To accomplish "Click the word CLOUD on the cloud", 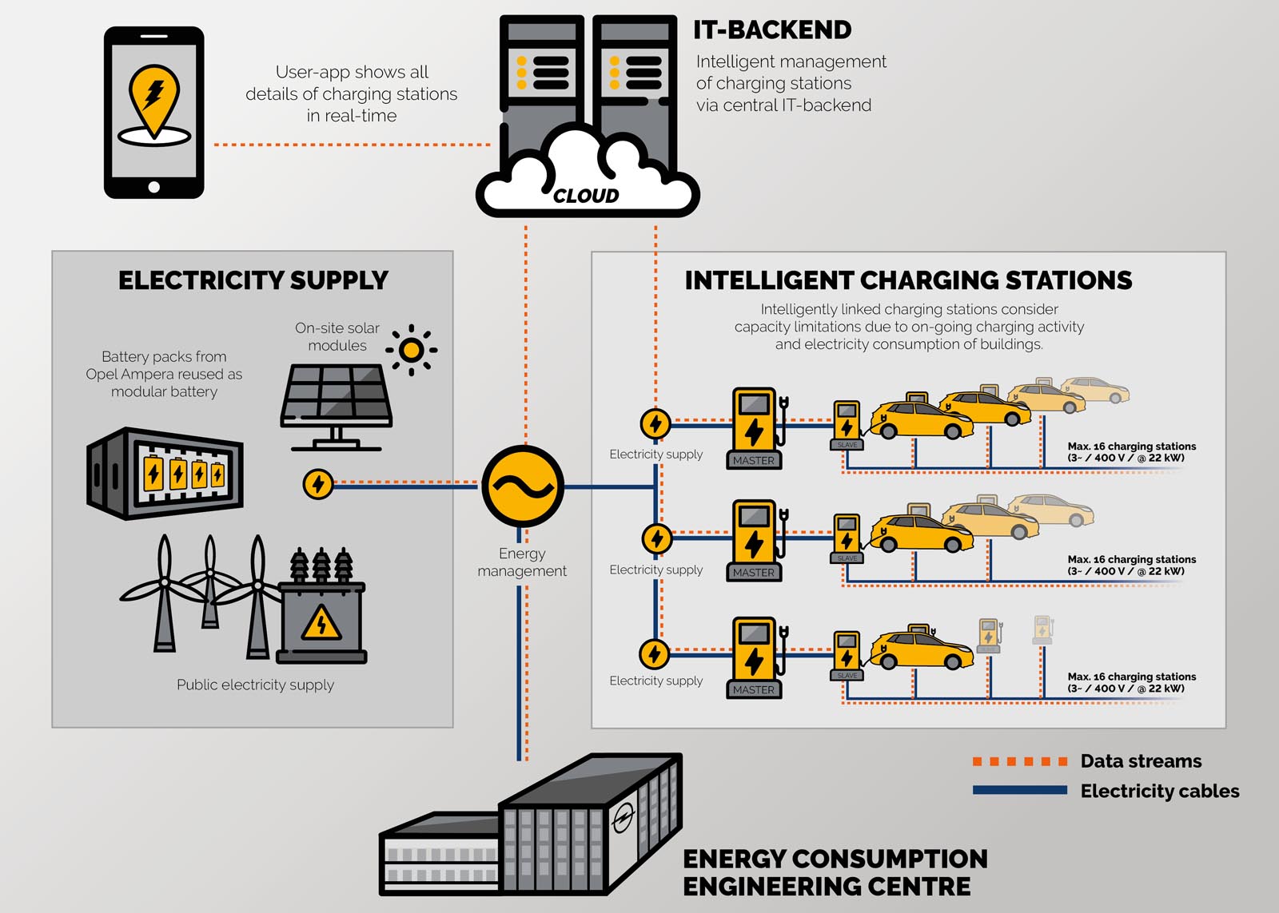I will pos(586,196).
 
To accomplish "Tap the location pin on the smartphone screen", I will pos(154,99).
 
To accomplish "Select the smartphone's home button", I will pos(154,187).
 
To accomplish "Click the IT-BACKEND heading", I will pos(771,30).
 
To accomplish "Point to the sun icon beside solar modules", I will pos(411,350).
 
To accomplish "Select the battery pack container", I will pos(165,473).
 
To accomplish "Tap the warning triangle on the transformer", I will pos(321,623).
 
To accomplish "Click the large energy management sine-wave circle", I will pos(522,486).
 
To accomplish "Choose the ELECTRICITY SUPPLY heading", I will pos(253,280).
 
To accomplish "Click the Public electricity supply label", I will pos(255,685).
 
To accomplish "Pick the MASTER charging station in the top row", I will pos(755,428).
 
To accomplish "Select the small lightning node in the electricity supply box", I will pos(318,483).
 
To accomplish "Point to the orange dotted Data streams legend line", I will pos(1019,761).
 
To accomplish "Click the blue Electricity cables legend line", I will pos(1019,790).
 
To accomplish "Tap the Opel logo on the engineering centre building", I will pos(623,819).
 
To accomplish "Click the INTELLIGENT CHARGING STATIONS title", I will pos(908,280).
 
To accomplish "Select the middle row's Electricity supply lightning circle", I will pos(656,538).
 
